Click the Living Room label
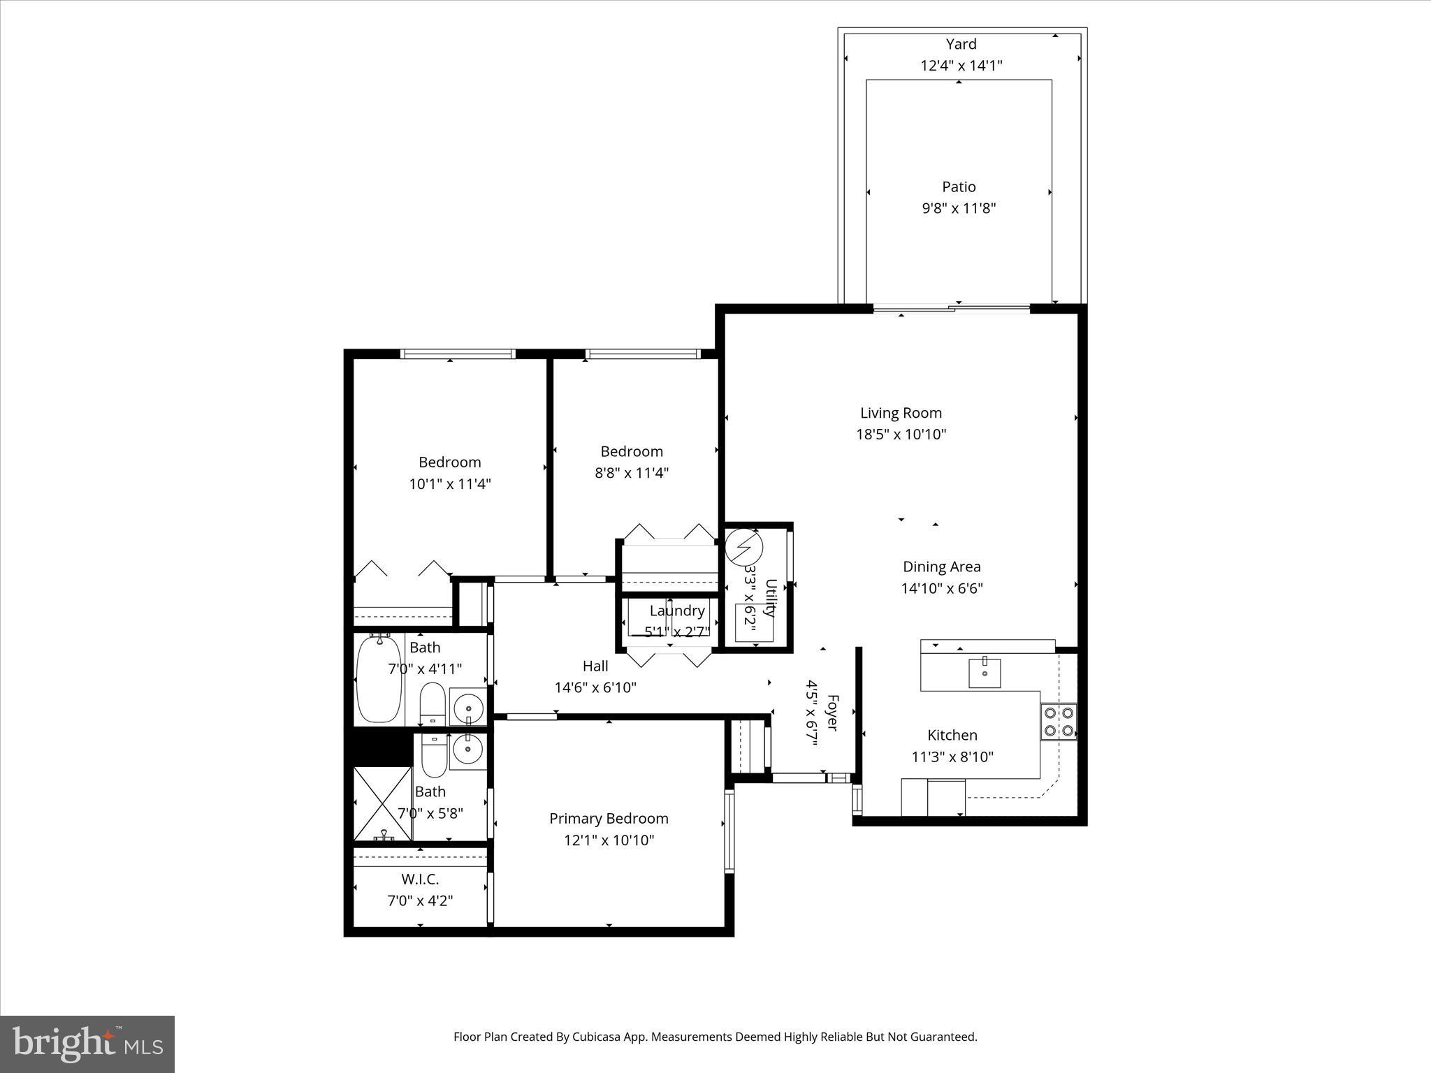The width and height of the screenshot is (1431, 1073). [x=901, y=413]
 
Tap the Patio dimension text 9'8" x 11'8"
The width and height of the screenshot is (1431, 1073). [x=959, y=208]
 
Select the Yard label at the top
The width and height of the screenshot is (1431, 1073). [x=961, y=44]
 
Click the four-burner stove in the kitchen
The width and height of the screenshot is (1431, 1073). [x=1059, y=722]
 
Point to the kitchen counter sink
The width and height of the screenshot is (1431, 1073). [x=984, y=673]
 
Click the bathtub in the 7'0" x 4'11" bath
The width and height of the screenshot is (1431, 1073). [x=379, y=679]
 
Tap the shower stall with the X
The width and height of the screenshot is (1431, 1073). [x=382, y=803]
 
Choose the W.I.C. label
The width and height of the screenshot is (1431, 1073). [x=420, y=879]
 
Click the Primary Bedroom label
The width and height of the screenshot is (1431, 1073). [x=609, y=818]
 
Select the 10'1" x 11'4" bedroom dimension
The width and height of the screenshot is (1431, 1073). [x=450, y=483]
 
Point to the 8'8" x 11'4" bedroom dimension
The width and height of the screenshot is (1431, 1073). [x=632, y=473]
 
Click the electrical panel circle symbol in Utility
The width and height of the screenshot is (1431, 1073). [x=743, y=548]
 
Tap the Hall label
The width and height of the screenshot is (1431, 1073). [x=595, y=666]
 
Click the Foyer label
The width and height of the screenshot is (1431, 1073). [x=831, y=712]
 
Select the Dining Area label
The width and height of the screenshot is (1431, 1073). [x=941, y=567]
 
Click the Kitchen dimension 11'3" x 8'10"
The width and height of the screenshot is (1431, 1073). [x=952, y=757]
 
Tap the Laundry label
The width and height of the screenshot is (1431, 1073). [x=677, y=611]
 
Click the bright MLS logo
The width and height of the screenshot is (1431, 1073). [x=87, y=1044]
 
